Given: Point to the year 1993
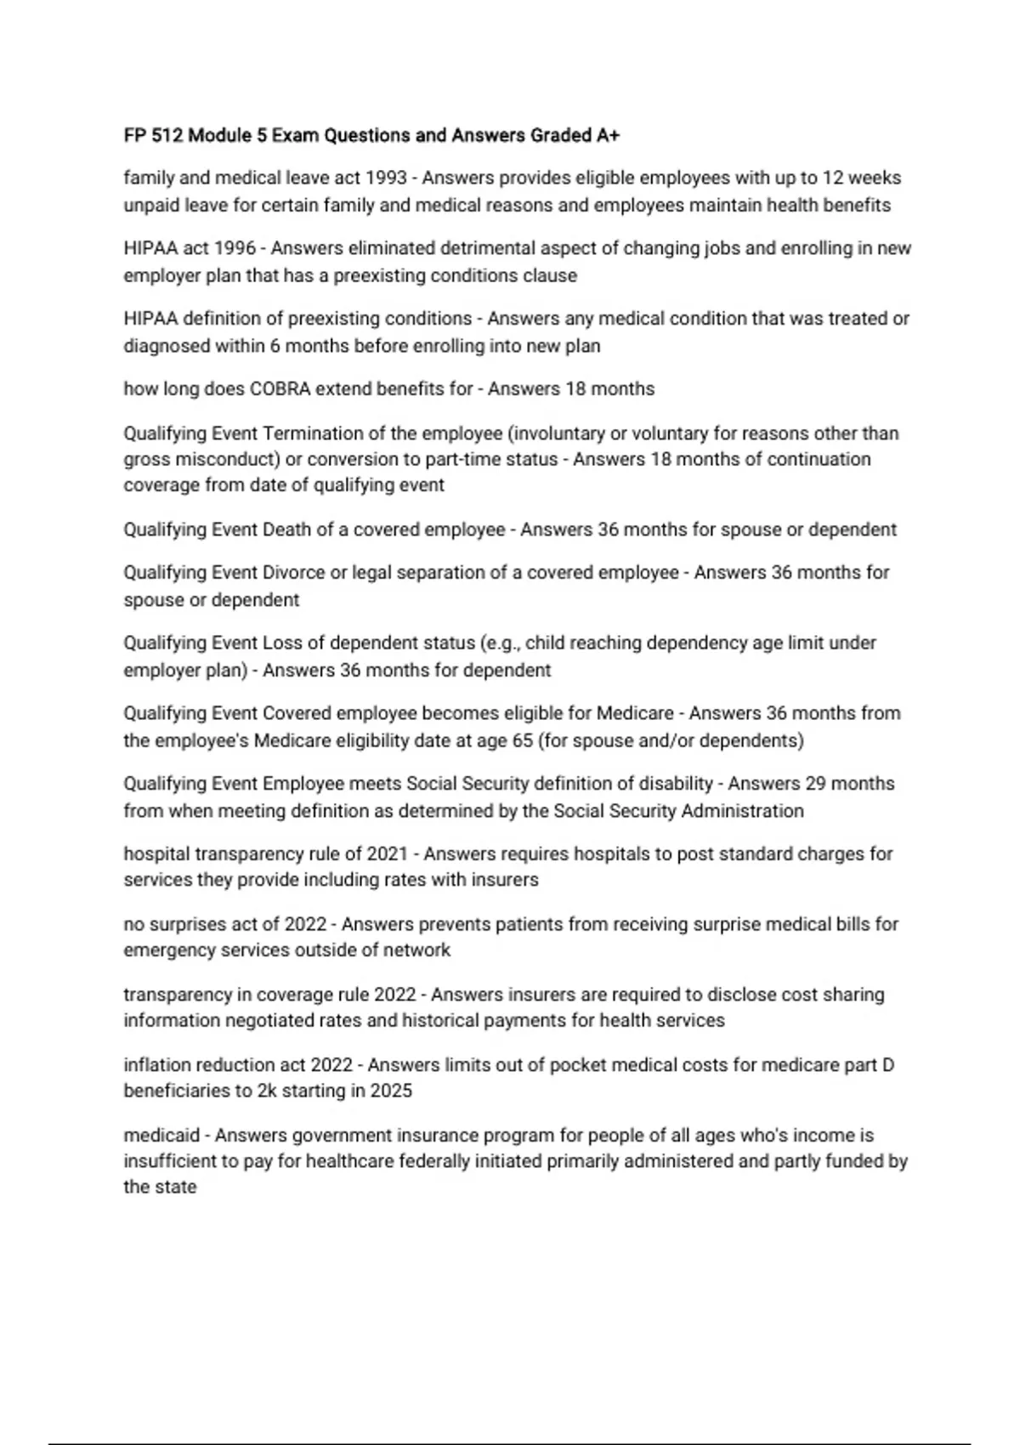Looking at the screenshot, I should (x=386, y=178).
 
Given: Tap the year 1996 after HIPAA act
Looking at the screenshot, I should (x=234, y=249).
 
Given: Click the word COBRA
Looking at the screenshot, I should (x=280, y=389).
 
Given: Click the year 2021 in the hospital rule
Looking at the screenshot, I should (x=387, y=854).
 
